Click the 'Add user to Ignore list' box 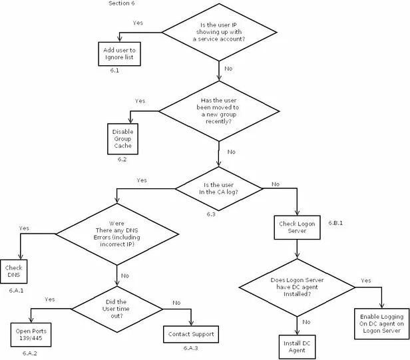[x=120, y=54]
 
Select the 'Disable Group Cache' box [x=122, y=139]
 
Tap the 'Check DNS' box [x=13, y=271]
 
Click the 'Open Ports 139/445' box [x=31, y=335]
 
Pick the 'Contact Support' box [x=191, y=334]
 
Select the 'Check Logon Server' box [x=297, y=227]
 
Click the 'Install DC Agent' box [x=297, y=347]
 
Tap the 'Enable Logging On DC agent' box [x=381, y=323]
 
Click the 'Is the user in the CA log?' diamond [x=218, y=188]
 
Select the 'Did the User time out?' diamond [x=117, y=309]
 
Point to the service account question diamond [x=219, y=33]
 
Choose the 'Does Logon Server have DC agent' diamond [x=297, y=287]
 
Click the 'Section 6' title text [x=122, y=3]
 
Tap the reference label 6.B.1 [x=335, y=223]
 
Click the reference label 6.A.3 [x=190, y=348]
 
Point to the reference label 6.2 [x=122, y=159]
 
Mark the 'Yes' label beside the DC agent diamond [x=366, y=281]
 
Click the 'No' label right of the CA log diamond [x=276, y=184]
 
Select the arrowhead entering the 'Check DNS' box [x=21, y=257]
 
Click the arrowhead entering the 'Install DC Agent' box [x=297, y=332]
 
